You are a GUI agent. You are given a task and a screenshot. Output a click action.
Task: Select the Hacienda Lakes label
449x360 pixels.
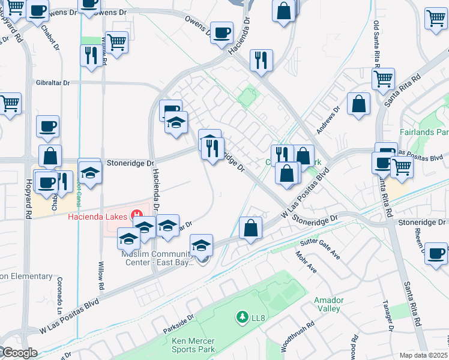pyautogui.click(x=97, y=216)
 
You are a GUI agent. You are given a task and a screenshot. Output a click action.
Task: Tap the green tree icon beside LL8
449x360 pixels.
pyautogui.click(x=242, y=316)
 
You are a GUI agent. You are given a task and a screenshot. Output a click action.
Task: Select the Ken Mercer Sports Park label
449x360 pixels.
pyautogui.click(x=193, y=344)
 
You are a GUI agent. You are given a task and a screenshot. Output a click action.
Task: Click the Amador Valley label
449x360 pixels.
pyautogui.click(x=328, y=304)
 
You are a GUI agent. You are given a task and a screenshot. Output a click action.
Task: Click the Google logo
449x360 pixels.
pyautogui.click(x=19, y=353)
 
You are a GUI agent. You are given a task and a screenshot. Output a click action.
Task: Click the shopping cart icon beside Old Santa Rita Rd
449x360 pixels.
pyautogui.click(x=383, y=78)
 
